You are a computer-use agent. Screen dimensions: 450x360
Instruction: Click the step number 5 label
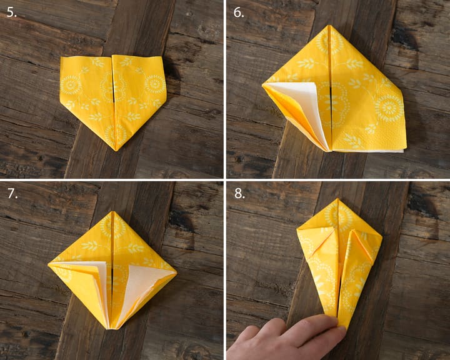click(11, 12)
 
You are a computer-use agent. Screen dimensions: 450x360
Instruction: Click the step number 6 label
click(239, 12)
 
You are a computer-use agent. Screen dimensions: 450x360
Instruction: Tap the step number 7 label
click(12, 194)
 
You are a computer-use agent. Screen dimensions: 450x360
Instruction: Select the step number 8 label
click(239, 194)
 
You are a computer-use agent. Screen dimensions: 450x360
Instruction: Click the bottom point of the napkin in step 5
click(116, 151)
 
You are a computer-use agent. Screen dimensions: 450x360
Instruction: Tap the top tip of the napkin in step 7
click(113, 212)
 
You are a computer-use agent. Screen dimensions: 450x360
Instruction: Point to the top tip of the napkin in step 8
click(338, 199)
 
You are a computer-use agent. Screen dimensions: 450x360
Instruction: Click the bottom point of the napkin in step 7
click(110, 328)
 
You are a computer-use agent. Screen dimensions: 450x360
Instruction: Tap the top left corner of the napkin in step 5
click(61, 57)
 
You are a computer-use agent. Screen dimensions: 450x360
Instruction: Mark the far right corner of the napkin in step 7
click(176, 273)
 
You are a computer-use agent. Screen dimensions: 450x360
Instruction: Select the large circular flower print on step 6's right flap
click(389, 108)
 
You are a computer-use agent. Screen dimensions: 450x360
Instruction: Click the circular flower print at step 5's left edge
click(70, 85)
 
